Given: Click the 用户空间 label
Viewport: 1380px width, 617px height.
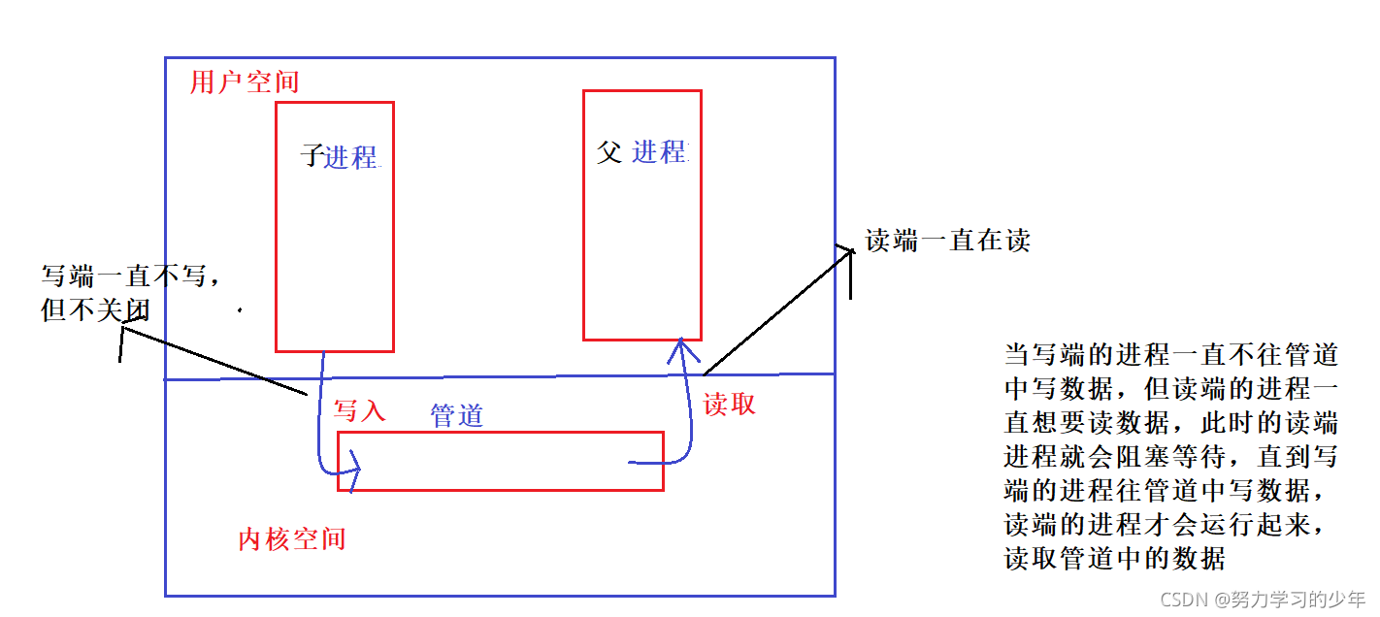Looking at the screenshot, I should tap(245, 82).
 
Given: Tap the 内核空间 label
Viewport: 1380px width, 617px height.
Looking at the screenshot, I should tap(292, 539).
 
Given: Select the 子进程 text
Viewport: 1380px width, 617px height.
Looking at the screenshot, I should tap(339, 156).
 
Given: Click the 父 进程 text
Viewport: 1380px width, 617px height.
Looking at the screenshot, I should tap(641, 152).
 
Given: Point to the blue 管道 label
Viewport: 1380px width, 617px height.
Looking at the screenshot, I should tap(457, 416).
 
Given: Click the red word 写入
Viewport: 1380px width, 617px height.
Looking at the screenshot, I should tap(360, 411).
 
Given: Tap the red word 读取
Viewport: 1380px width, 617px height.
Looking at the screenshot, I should tap(730, 406).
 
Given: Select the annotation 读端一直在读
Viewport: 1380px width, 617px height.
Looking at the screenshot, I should tap(947, 241).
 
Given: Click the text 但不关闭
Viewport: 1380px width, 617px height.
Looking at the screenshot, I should tap(96, 309).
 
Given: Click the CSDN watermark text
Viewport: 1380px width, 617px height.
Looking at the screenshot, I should tap(1263, 599).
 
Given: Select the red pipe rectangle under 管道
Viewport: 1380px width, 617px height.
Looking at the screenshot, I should tap(501, 461).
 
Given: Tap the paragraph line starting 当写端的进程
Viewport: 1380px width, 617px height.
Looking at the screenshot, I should tap(1171, 355).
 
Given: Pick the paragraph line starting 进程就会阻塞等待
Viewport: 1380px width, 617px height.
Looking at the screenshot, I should tap(1171, 457).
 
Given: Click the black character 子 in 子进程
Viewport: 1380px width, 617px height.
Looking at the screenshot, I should tap(312, 156).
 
